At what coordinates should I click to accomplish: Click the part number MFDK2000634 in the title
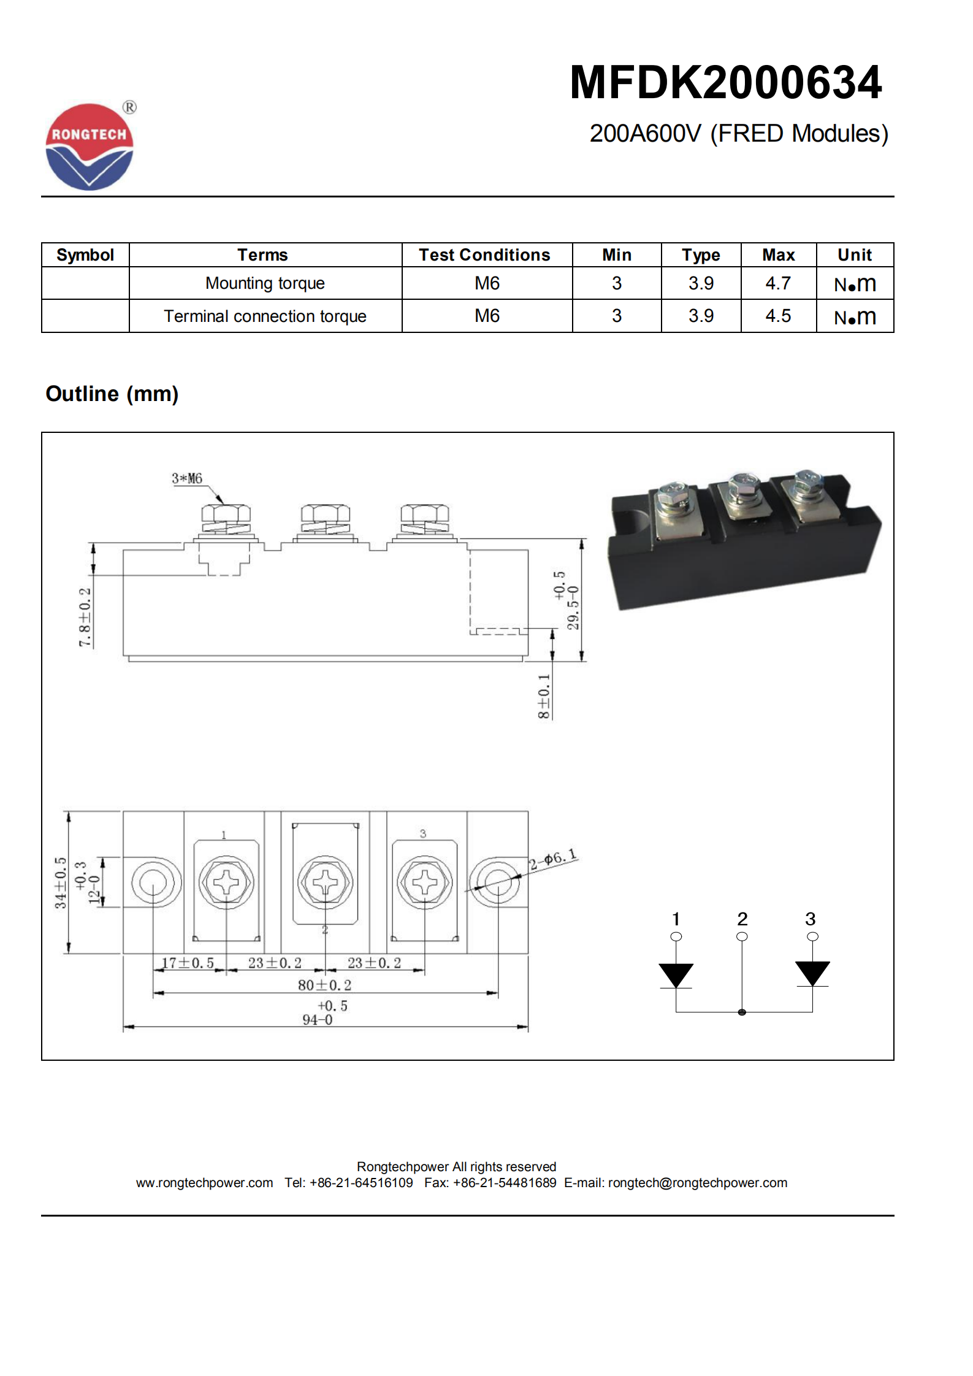725,82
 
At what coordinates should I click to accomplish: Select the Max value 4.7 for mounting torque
777,283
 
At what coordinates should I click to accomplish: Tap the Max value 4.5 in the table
777,316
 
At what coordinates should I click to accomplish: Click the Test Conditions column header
484,255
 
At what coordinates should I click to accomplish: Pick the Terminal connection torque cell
265,316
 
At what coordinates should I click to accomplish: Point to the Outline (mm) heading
112,394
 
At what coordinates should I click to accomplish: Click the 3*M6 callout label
187,478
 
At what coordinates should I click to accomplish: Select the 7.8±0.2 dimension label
85,617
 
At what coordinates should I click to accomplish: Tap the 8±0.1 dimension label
544,697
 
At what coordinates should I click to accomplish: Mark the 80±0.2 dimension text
324,985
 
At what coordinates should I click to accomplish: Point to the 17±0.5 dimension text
188,963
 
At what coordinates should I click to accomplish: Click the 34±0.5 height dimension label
60,882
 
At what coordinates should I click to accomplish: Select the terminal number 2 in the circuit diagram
742,919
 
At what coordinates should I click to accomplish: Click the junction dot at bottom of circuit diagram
742,1012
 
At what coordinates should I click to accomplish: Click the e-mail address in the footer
697,1183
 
